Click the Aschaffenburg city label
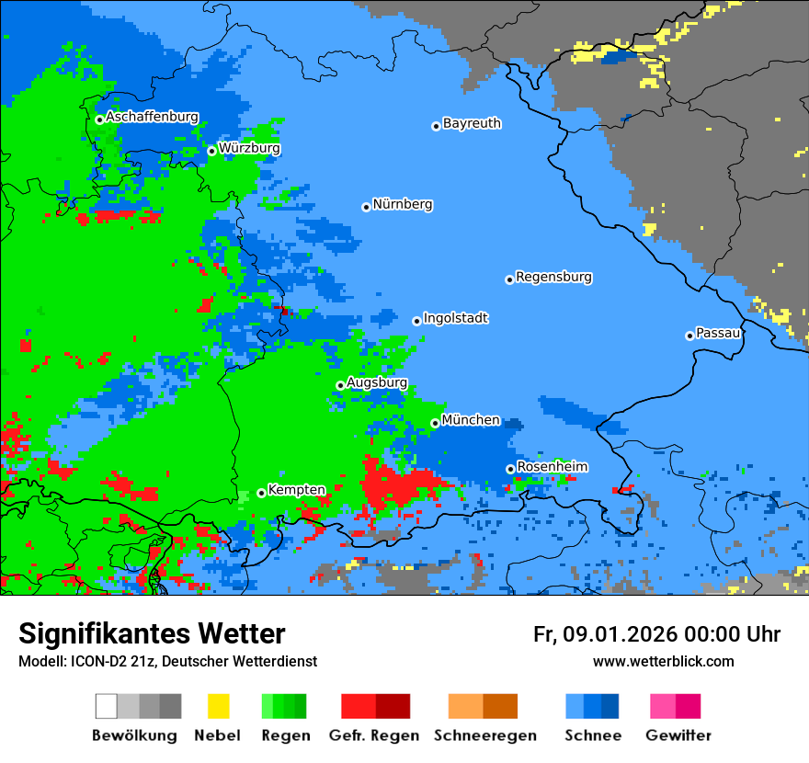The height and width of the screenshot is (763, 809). pyautogui.click(x=152, y=117)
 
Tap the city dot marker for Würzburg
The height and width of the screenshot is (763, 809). pyautogui.click(x=211, y=151)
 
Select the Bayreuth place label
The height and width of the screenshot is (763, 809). pyautogui.click(x=472, y=123)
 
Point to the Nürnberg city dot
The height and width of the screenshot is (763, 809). pyautogui.click(x=366, y=207)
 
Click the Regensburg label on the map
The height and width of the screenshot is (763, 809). pyautogui.click(x=553, y=277)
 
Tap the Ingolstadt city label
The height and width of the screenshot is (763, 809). pyautogui.click(x=455, y=318)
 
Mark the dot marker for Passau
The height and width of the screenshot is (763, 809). pyautogui.click(x=689, y=336)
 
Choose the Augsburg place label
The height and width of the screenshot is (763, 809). pyautogui.click(x=376, y=382)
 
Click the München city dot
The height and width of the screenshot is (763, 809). pyautogui.click(x=435, y=423)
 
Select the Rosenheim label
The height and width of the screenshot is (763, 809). pyautogui.click(x=552, y=467)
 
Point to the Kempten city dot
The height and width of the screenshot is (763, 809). pyautogui.click(x=261, y=493)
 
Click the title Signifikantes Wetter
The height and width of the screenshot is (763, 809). pyautogui.click(x=152, y=633)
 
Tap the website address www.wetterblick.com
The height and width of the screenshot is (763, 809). pyautogui.click(x=663, y=661)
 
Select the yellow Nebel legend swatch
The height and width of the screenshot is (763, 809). pyautogui.click(x=218, y=706)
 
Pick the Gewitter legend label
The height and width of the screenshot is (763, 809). pyautogui.click(x=678, y=735)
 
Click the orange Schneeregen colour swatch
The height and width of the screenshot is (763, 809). pyautogui.click(x=465, y=706)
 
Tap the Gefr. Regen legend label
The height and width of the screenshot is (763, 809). pyautogui.click(x=374, y=735)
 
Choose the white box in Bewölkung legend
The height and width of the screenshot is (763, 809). pyautogui.click(x=107, y=706)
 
